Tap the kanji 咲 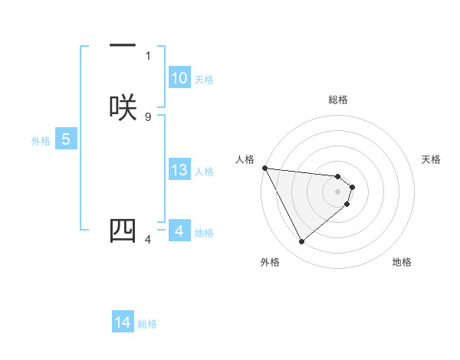click(x=123, y=106)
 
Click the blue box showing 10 click(x=179, y=78)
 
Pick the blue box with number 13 click(x=179, y=170)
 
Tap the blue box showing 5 click(x=66, y=139)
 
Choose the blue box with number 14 click(x=123, y=322)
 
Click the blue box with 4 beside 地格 click(x=179, y=231)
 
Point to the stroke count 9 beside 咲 click(x=148, y=116)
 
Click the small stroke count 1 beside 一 click(x=148, y=55)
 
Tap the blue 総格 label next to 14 click(x=147, y=324)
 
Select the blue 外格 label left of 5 click(x=40, y=140)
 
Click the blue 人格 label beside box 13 click(x=205, y=172)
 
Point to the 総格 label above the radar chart click(x=338, y=100)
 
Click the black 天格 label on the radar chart click(x=432, y=159)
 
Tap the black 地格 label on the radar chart click(x=402, y=262)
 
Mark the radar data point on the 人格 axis click(x=264, y=168)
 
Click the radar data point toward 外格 click(x=301, y=242)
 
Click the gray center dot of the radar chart click(x=338, y=191)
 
